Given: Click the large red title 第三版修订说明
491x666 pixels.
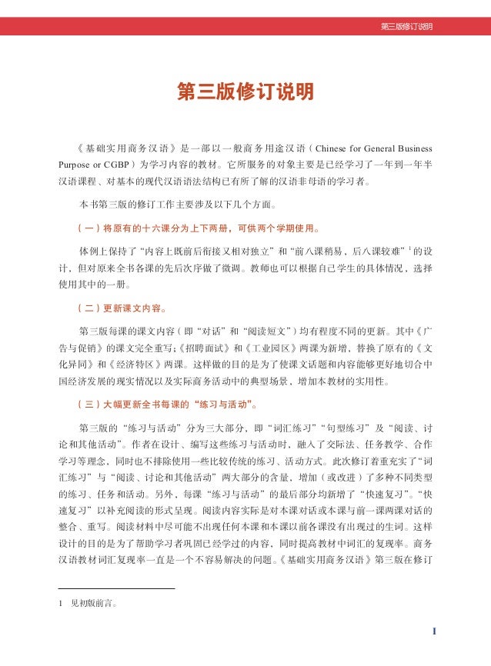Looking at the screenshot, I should click(x=245, y=93).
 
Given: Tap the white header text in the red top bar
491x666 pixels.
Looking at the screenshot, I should click(x=406, y=27).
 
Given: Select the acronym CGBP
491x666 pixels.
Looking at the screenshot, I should click(x=115, y=165).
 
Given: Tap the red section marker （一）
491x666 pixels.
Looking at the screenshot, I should click(x=82, y=228).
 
